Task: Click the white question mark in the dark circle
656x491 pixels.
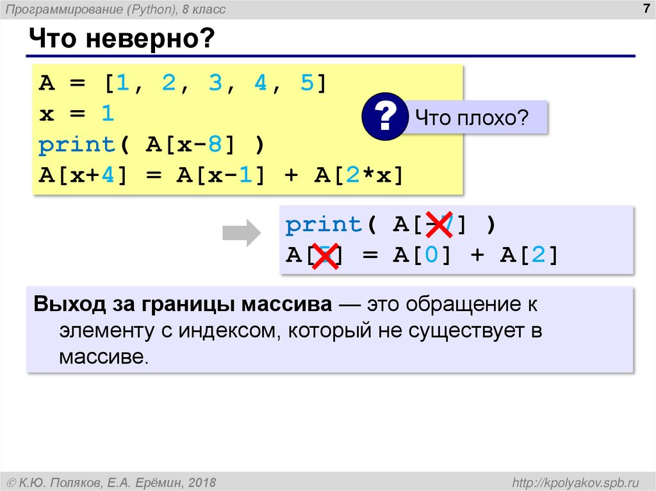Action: (x=384, y=116)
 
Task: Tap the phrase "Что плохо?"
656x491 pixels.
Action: (x=471, y=117)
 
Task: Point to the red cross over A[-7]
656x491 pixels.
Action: (x=439, y=225)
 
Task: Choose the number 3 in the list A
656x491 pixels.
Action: (x=214, y=84)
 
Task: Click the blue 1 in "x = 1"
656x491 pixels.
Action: (x=106, y=115)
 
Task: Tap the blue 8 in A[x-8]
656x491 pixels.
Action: (x=214, y=145)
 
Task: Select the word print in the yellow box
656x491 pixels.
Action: (x=76, y=145)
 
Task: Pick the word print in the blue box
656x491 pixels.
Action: (x=324, y=225)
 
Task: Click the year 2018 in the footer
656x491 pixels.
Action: (x=202, y=481)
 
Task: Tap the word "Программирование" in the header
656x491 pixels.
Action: (x=64, y=9)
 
